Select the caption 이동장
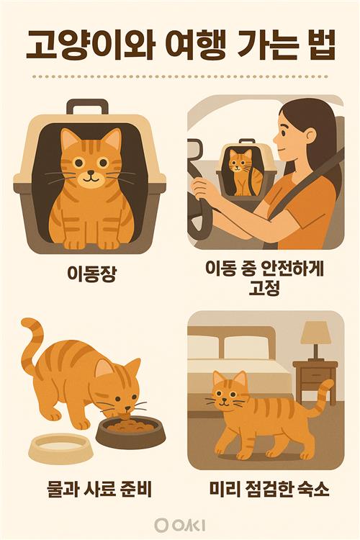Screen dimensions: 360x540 coord(91,274)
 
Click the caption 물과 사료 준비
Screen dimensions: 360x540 coord(99,489)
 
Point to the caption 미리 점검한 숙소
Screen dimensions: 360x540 coord(269,489)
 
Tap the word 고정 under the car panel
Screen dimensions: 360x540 coord(264,289)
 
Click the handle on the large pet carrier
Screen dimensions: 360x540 coord(88,107)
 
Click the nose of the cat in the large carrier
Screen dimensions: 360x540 coord(91,172)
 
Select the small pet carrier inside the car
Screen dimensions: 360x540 coord(246,168)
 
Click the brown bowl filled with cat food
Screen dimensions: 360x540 coord(130,431)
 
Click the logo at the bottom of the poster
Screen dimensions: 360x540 coord(179,525)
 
